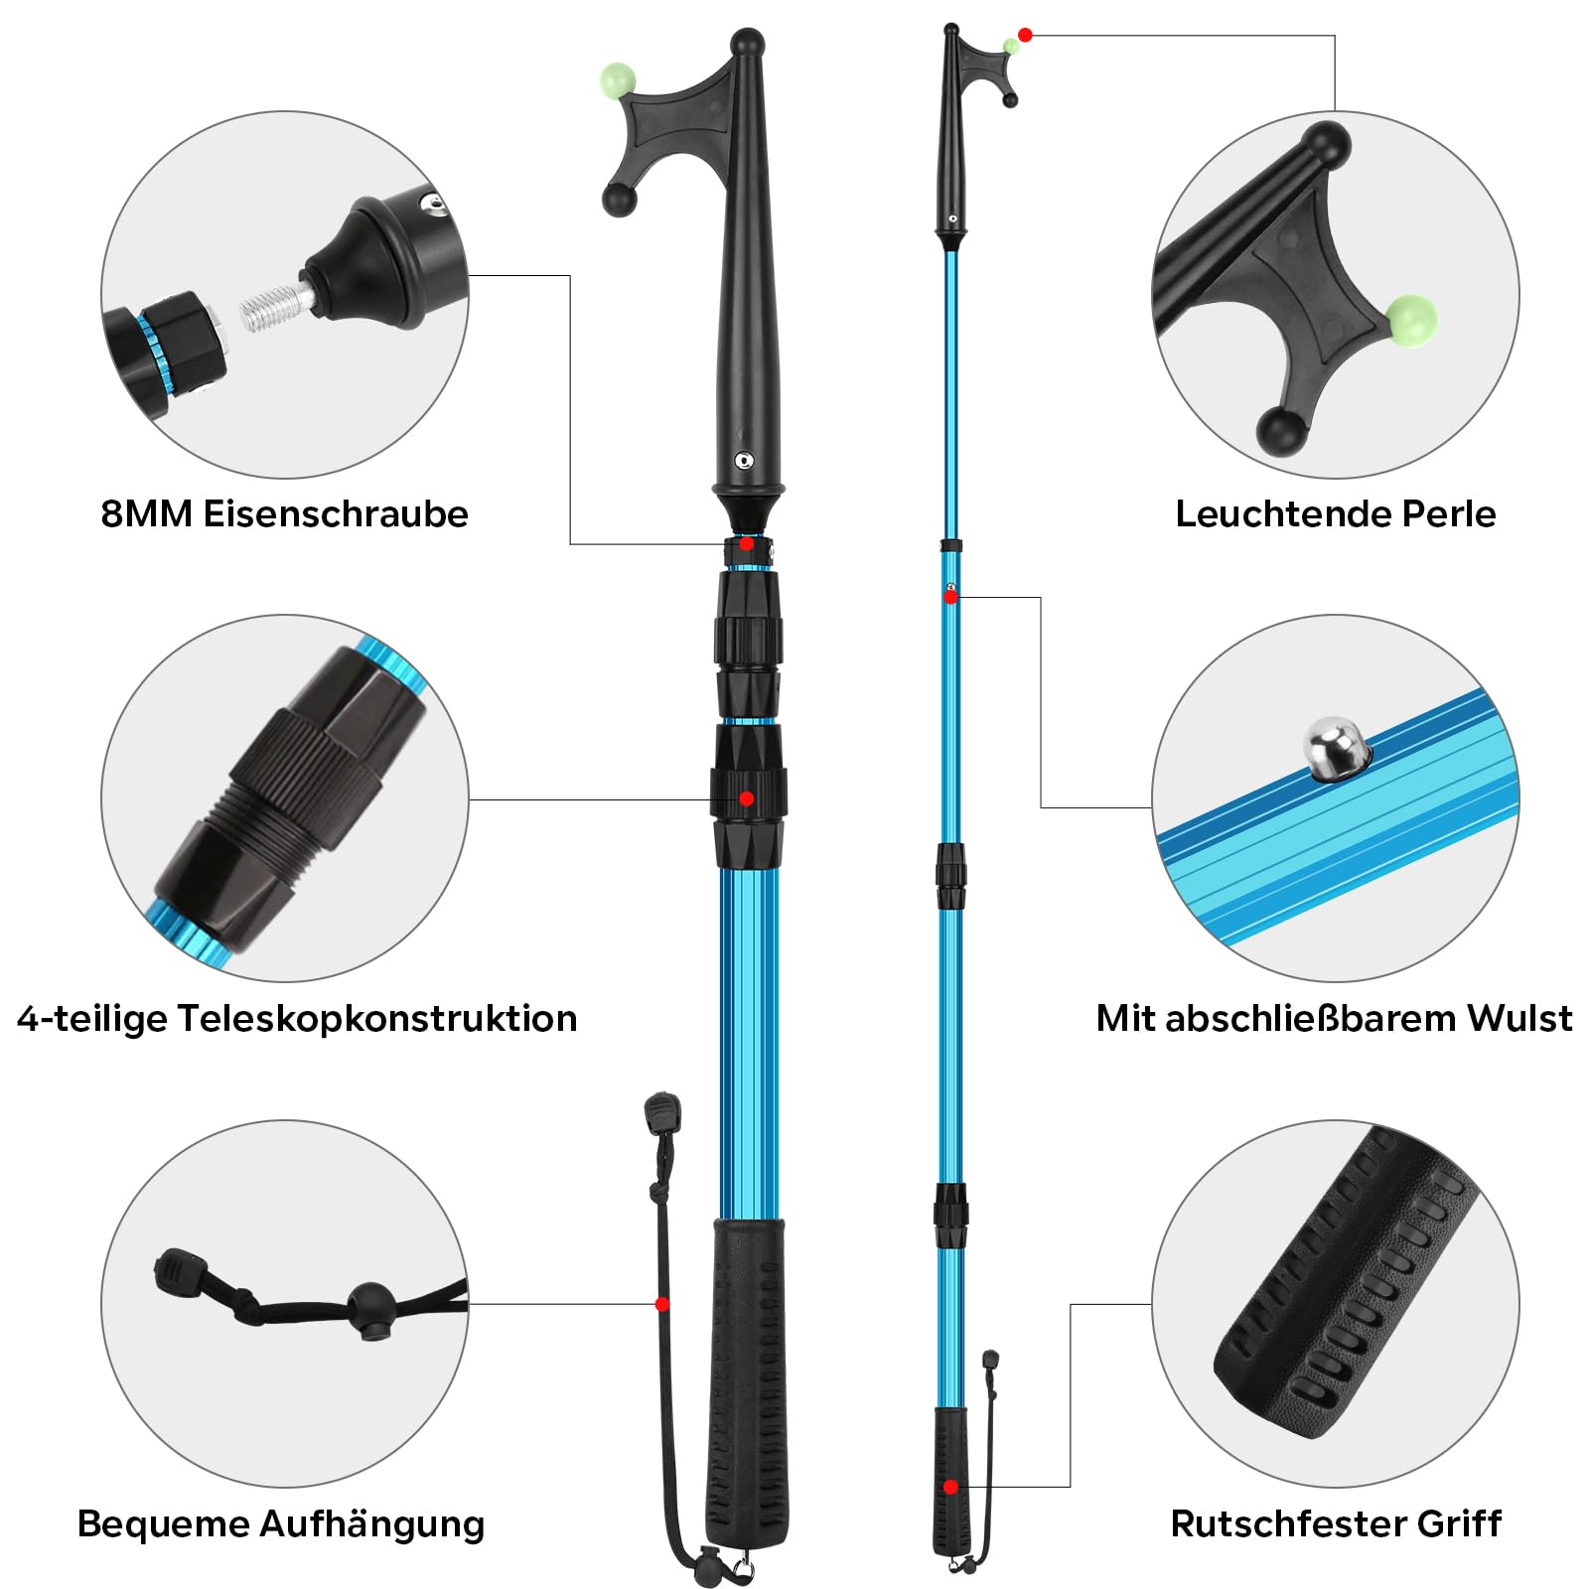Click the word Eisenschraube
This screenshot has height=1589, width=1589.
coord(336,513)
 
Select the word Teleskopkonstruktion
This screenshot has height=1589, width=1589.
coord(377,1018)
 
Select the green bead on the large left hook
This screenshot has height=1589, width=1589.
coord(618,80)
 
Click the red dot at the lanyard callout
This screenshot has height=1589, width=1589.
coord(662,1304)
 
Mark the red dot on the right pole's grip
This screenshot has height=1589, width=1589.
coord(950,1487)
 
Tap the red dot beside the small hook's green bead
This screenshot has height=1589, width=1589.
coord(1025,35)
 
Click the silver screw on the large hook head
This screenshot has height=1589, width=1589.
coord(743,460)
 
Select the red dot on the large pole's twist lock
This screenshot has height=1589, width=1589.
coord(747,798)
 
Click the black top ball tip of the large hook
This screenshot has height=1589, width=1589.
coord(748,43)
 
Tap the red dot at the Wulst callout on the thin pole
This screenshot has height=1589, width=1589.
coord(950,597)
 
